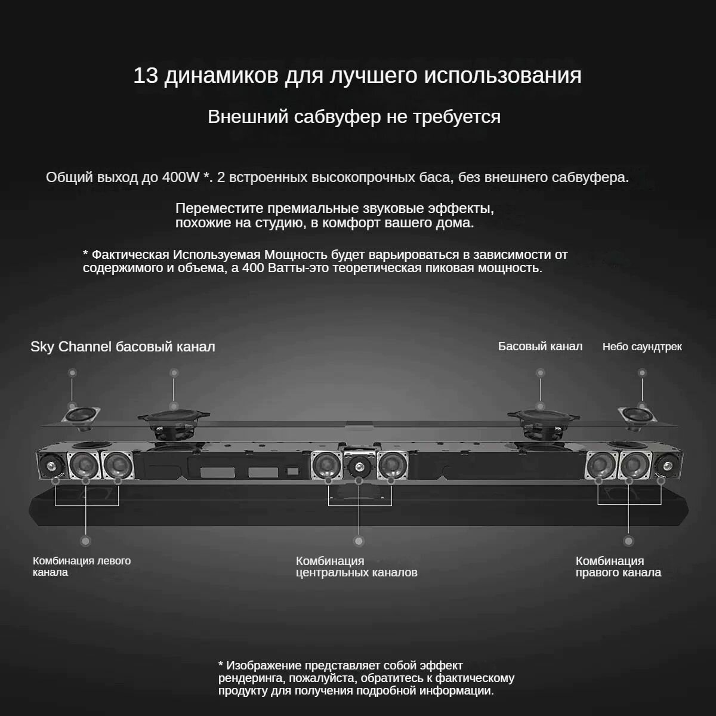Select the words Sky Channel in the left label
point(71,347)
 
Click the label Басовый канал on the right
point(540,347)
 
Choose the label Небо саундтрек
point(642,347)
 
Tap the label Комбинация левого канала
point(81,566)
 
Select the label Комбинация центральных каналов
point(356,567)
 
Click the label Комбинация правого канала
point(618,567)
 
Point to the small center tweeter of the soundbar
point(359,465)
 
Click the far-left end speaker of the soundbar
point(50,464)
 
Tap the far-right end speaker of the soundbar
point(666,464)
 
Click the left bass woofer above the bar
point(174,419)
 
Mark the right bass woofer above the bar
point(542,419)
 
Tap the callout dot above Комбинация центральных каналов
point(359,541)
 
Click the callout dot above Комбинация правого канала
point(628,541)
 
